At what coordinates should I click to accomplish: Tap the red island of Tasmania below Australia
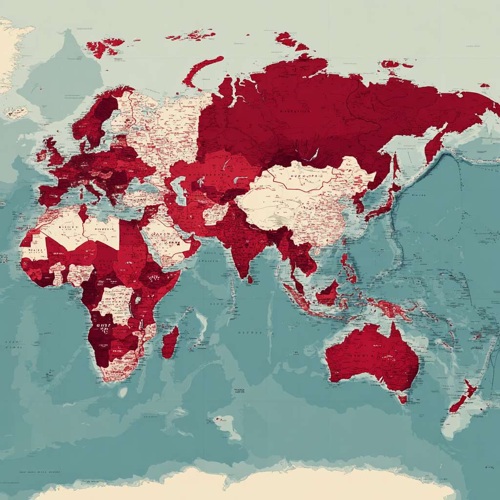coord(402,399)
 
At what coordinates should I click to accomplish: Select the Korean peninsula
coord(360,201)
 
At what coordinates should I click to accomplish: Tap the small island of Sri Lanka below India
coord(250,279)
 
